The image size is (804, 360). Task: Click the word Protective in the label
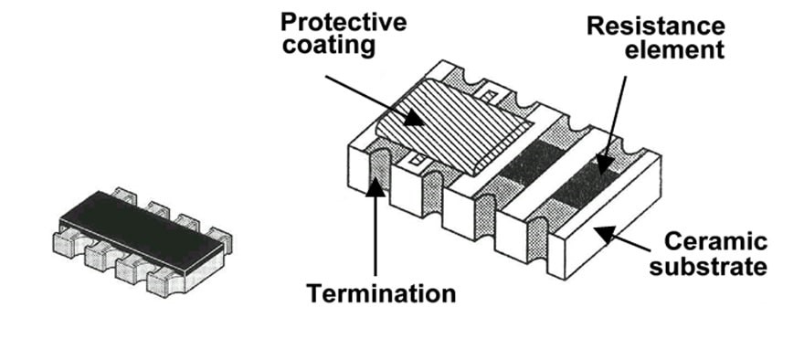click(x=343, y=22)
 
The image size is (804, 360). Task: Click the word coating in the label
click(x=329, y=45)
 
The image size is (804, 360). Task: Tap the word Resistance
click(x=656, y=26)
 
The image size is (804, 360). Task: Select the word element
click(x=674, y=49)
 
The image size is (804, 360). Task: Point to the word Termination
click(x=381, y=294)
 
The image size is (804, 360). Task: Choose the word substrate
click(x=708, y=266)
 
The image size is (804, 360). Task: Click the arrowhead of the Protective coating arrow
click(x=413, y=117)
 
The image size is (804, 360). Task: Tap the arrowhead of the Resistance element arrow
click(x=604, y=165)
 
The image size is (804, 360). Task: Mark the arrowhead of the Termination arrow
click(x=376, y=187)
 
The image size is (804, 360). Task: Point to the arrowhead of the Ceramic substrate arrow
click(x=605, y=234)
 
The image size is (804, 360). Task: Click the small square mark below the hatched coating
click(x=418, y=161)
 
